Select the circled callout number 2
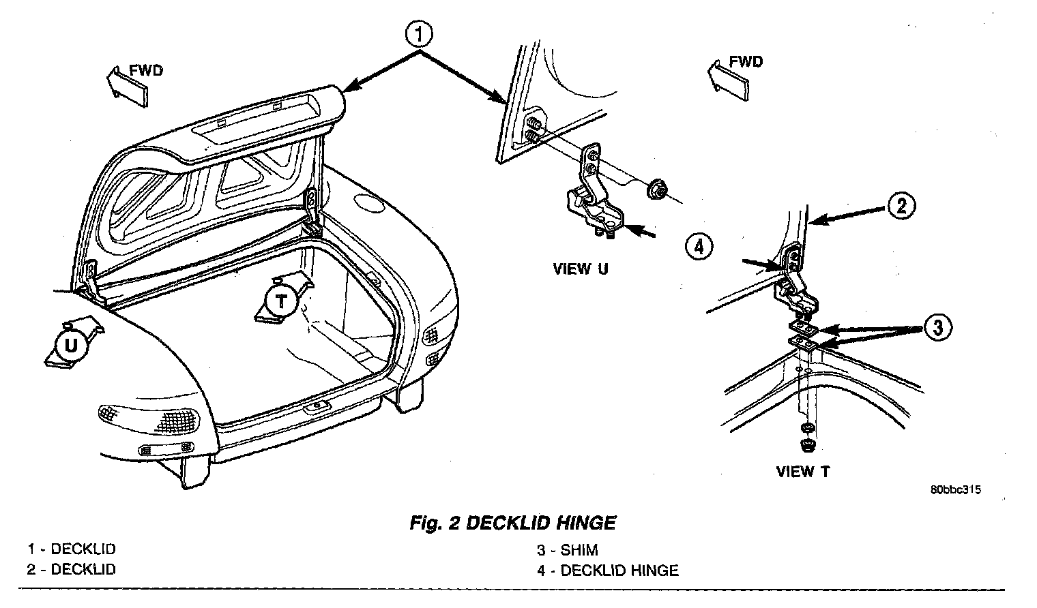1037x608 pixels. click(x=901, y=204)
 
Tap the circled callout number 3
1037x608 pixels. click(x=938, y=329)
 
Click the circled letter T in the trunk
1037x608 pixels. click(x=281, y=300)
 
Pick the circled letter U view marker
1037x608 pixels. click(x=71, y=346)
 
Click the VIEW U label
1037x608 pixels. click(x=580, y=269)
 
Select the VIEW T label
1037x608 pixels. click(x=803, y=472)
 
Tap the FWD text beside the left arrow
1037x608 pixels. click(x=147, y=70)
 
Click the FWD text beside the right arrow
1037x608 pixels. click(x=746, y=62)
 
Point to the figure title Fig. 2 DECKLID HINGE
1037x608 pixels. click(x=512, y=523)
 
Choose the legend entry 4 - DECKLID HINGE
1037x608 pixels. click(x=607, y=570)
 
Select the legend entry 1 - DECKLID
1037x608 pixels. click(x=72, y=549)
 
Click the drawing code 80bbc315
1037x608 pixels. click(x=954, y=489)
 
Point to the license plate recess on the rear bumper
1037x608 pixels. click(x=316, y=406)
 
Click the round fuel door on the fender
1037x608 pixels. click(x=370, y=202)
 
